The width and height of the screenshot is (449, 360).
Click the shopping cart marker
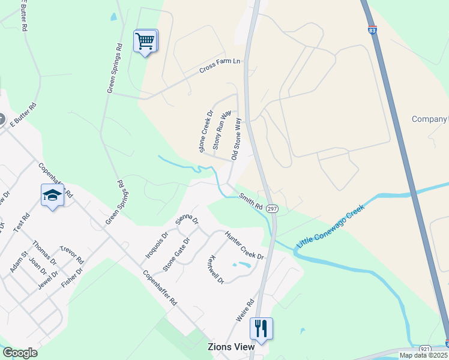145,41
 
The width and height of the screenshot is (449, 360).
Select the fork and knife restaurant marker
261,328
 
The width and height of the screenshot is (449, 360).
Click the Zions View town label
231,347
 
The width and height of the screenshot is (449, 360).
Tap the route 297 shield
273,208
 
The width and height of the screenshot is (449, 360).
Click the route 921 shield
424,349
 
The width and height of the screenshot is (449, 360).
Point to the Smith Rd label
251,201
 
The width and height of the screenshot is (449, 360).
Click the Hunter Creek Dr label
244,245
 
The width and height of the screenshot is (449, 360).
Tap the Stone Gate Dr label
176,254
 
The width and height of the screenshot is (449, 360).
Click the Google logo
20,353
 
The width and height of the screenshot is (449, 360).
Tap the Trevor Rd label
71,254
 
